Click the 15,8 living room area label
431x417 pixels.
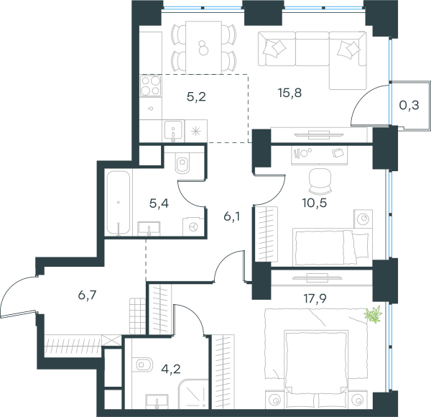289,93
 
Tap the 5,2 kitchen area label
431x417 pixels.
196,97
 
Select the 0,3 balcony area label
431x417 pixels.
409,105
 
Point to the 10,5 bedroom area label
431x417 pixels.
315,203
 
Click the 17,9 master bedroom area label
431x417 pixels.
315,298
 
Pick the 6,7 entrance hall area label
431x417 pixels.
87,295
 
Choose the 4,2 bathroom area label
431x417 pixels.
171,369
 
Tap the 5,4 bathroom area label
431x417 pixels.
159,203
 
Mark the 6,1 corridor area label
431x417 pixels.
232,216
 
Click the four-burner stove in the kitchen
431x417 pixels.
150,86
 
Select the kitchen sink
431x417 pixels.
173,131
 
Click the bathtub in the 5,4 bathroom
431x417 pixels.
119,203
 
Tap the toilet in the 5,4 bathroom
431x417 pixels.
182,162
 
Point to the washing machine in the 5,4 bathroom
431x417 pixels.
193,226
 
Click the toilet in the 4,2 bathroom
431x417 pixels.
143,365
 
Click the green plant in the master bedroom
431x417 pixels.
374,314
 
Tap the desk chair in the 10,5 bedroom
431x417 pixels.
320,181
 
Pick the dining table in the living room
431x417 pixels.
203,47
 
